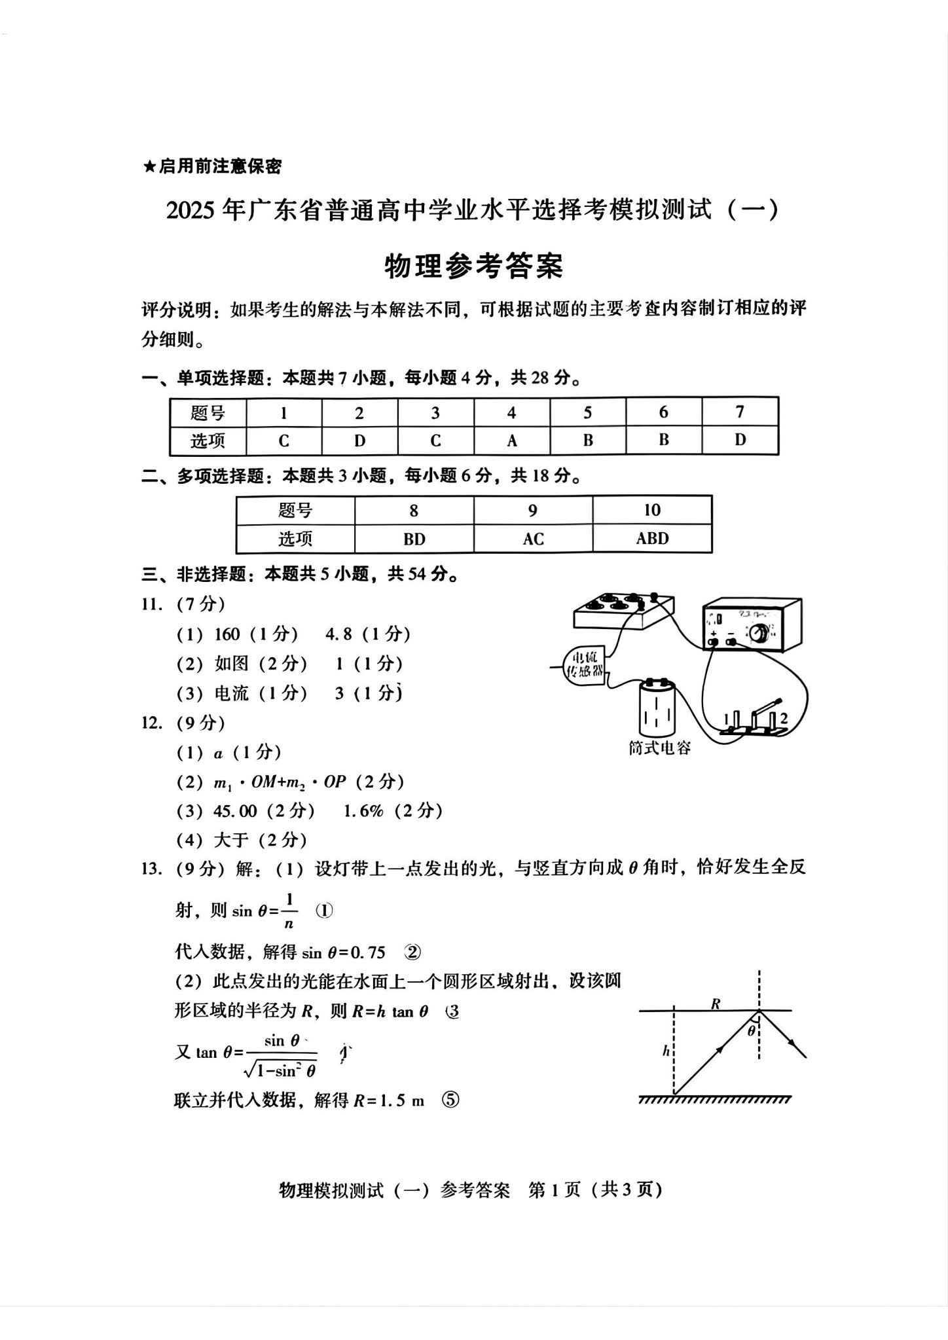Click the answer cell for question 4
(511, 441)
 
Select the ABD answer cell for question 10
(652, 538)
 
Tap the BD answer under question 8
(414, 539)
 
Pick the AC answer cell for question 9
(533, 539)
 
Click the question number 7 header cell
(740, 412)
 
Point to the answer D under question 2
(359, 441)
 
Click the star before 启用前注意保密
(149, 167)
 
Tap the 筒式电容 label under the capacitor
(659, 748)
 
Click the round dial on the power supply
(759, 632)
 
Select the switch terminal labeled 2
(784, 718)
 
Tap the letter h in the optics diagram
(665, 1051)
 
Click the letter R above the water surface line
(716, 1004)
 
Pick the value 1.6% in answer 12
(363, 811)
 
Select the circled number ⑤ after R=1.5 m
(450, 1100)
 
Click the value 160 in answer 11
(227, 634)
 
